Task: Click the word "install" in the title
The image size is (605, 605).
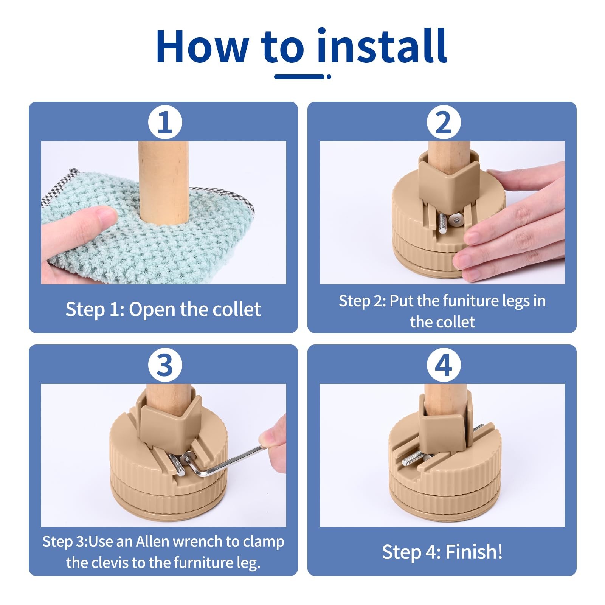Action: (382, 45)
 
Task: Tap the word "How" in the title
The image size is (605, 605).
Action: (202, 46)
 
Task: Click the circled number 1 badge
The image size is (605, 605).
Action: (165, 123)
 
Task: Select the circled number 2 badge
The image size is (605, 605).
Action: (444, 123)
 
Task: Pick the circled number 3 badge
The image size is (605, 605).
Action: (165, 365)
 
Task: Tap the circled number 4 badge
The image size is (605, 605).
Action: (444, 365)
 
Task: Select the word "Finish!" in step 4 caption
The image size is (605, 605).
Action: (474, 552)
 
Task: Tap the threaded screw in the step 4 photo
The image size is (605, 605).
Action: (416, 459)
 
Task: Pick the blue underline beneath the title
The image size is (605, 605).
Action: (299, 76)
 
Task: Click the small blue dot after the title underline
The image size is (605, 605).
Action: (329, 76)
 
